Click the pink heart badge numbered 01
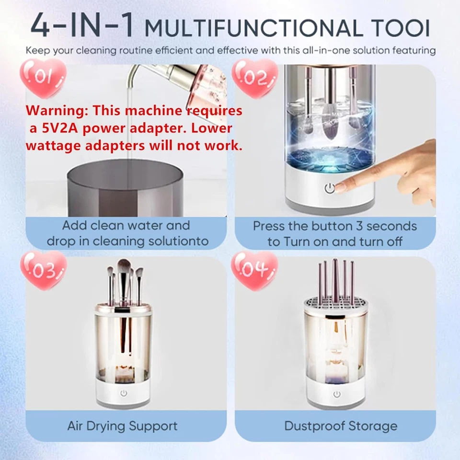pos(43,77)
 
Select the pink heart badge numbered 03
pos(43,271)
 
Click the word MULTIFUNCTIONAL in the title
pos(253,28)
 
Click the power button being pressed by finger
pos(329,189)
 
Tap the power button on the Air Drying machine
pos(124,393)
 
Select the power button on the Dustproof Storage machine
pos(337,394)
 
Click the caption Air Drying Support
pos(122,425)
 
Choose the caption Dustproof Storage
pos(340,425)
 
